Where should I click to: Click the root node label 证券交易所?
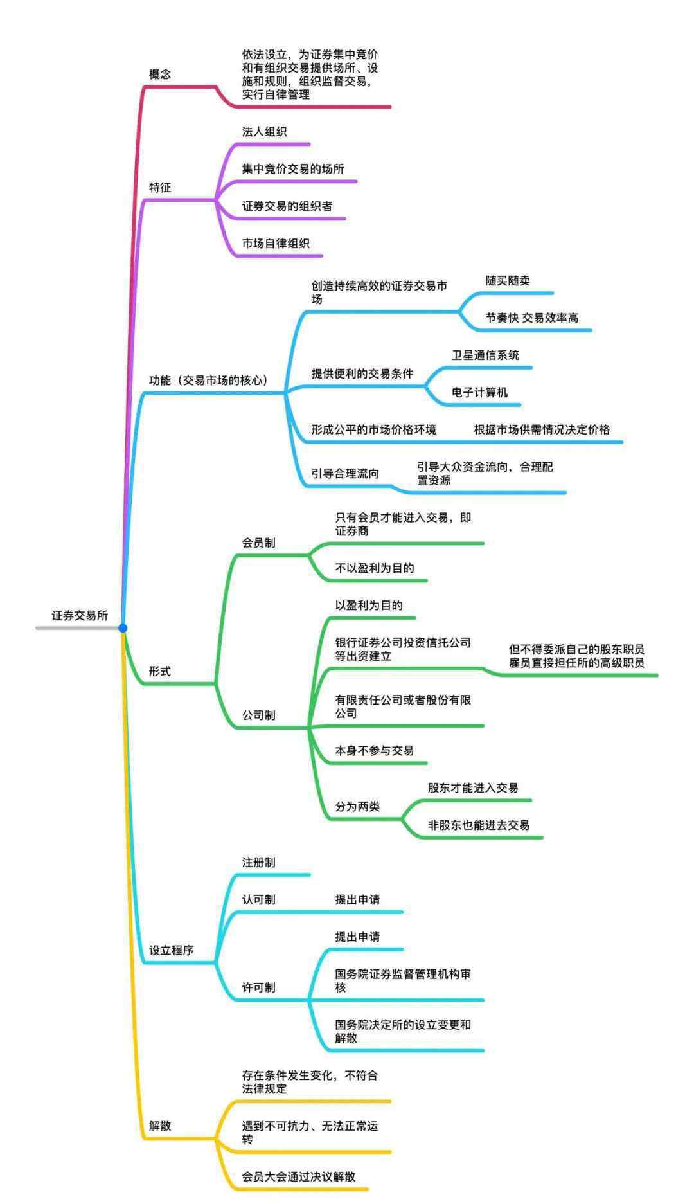80,615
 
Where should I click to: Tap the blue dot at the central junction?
123,628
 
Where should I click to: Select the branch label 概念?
160,75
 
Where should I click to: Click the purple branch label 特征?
160,188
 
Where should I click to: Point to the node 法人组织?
264,132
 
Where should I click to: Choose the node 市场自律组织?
276,244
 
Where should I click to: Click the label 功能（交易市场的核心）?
209,381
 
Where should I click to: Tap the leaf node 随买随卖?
508,281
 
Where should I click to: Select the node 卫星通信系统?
485,355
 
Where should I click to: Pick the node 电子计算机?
479,393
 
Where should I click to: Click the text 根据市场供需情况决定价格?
542,430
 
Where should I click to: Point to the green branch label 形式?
160,671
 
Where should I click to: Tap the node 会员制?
258,543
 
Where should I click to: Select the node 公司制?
258,715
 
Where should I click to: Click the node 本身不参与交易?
374,751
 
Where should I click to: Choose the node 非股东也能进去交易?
479,825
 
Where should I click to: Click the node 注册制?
258,863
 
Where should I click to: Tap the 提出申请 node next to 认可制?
357,900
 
